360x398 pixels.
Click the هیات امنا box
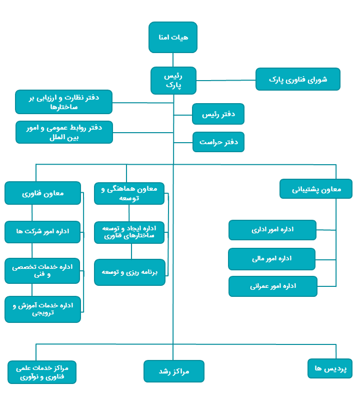[173, 37]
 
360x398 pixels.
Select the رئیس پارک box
[173, 80]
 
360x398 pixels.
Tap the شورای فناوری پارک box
[298, 79]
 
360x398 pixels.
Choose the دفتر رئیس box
[218, 114]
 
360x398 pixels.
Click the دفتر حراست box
[218, 142]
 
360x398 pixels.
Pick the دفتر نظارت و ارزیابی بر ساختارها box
[64, 102]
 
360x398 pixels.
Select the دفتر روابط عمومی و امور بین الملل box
[64, 132]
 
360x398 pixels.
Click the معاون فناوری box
[43, 193]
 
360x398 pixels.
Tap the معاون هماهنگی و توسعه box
[129, 193]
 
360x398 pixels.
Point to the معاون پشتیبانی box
[316, 189]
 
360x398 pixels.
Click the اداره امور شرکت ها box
[43, 232]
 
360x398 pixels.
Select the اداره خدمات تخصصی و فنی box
[42, 270]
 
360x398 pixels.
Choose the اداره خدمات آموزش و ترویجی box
[43, 309]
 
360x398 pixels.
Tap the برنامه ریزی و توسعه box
[129, 272]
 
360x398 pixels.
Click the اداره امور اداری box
[272, 230]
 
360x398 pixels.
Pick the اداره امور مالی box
[272, 259]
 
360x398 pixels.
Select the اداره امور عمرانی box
[273, 286]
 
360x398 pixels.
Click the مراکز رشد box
[173, 371]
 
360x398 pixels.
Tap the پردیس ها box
[330, 368]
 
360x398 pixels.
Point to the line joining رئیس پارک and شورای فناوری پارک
[226, 80]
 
